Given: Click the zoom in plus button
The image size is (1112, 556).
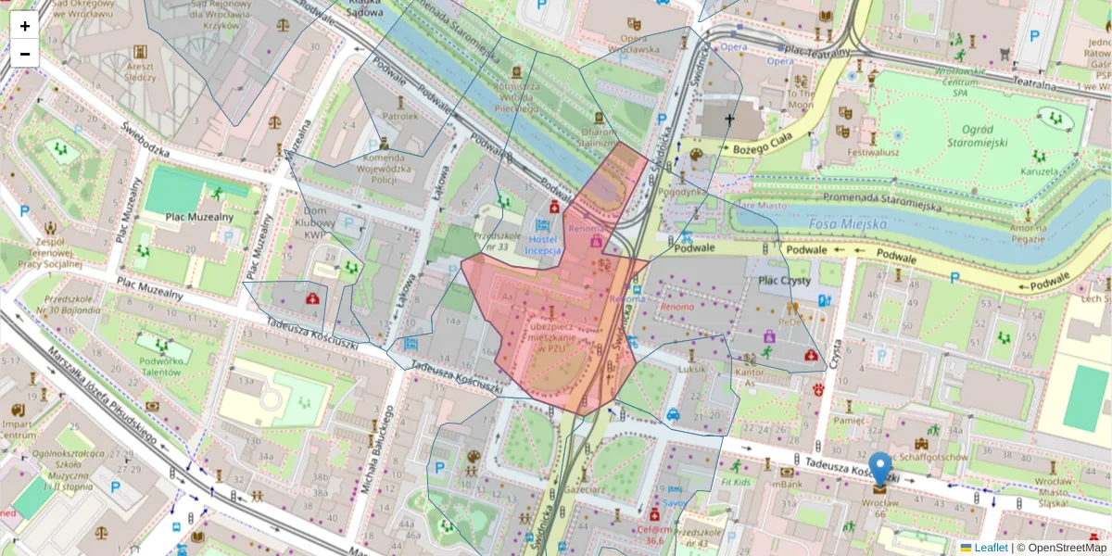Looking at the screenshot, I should (x=25, y=26).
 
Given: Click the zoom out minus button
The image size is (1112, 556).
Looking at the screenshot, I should (x=25, y=54).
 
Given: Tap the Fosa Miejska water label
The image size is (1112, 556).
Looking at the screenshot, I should (x=846, y=223).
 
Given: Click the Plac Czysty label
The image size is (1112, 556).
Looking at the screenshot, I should (x=784, y=280).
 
